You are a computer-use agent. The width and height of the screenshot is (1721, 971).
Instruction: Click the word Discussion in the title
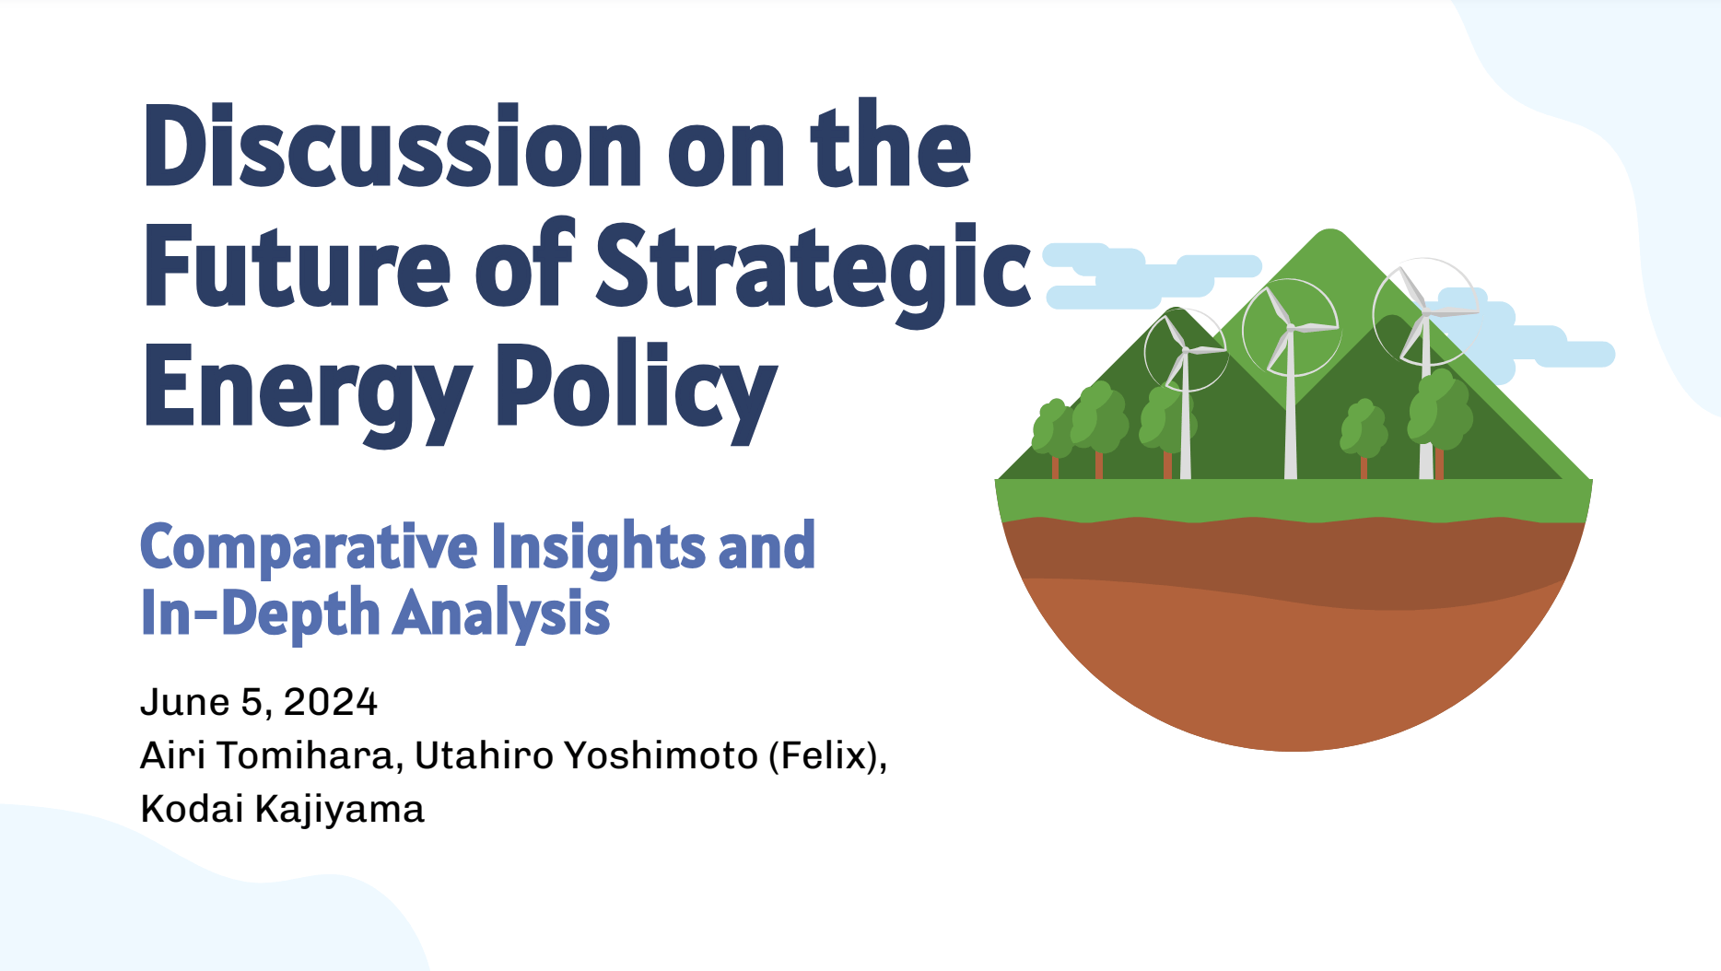(392, 146)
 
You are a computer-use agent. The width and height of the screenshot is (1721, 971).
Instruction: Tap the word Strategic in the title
(814, 269)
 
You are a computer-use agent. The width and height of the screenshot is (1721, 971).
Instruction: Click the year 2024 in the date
(330, 702)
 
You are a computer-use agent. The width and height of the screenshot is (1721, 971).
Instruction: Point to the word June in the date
(184, 702)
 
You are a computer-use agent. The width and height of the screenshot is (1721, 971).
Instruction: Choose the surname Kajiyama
(339, 810)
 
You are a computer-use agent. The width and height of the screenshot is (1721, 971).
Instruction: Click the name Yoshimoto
(661, 755)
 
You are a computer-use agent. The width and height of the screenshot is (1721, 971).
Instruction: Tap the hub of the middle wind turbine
(1290, 328)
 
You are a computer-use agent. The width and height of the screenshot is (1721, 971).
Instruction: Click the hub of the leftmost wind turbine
(1186, 349)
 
